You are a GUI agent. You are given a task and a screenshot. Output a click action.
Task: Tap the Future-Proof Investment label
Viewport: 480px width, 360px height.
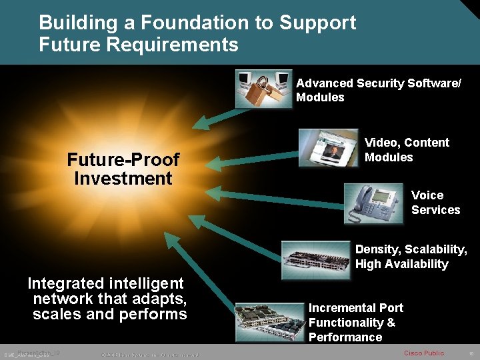point(123,169)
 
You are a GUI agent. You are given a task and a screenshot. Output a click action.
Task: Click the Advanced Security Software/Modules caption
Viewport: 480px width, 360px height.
point(378,90)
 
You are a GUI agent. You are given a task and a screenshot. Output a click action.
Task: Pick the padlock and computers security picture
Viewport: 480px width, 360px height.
point(263,89)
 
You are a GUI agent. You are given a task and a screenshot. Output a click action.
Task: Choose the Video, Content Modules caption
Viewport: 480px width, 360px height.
point(407,150)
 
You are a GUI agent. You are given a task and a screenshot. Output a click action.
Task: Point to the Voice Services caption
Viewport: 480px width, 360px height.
point(435,203)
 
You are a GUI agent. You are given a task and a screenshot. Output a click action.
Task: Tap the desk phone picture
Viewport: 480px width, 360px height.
point(373,203)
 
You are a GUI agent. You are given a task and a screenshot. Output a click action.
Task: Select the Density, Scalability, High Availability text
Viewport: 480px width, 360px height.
point(411,257)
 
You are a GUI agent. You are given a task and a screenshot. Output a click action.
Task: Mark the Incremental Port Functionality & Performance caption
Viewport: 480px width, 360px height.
point(356,322)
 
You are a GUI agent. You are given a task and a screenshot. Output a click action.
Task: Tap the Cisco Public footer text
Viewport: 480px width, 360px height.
point(424,353)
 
